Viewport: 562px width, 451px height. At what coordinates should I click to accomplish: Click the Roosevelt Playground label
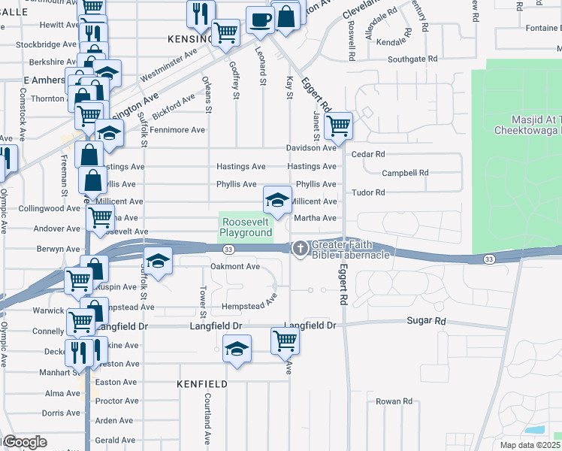tap(246, 228)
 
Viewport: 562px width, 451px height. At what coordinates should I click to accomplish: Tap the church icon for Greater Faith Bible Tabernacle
tap(300, 247)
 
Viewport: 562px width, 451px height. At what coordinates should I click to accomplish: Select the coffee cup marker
tap(261, 20)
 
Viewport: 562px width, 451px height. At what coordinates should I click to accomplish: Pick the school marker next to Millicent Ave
tap(276, 200)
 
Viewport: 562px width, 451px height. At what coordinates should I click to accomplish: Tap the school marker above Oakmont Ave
tap(158, 261)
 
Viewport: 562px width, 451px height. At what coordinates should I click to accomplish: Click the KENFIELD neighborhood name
tap(202, 384)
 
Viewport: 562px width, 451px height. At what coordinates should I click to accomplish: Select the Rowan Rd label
tap(395, 401)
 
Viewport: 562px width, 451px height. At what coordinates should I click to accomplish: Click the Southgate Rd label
tap(412, 59)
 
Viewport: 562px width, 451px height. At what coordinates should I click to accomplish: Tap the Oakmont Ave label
tap(235, 266)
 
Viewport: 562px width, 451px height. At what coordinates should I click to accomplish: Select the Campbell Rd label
tap(405, 173)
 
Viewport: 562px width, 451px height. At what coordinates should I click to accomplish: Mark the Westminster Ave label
tap(168, 65)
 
